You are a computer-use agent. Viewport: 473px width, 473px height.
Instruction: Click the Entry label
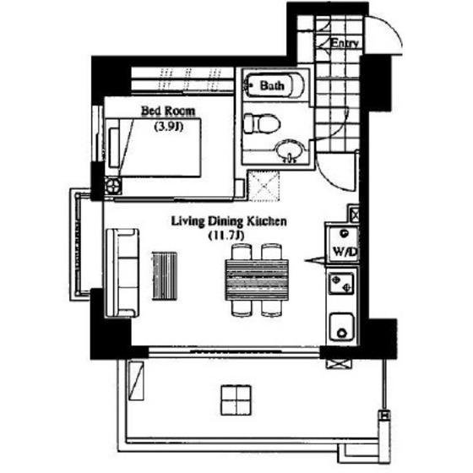[x=345, y=43]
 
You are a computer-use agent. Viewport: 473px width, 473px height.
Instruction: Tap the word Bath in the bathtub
[x=272, y=85]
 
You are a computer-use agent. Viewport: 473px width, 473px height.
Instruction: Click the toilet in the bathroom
[x=262, y=123]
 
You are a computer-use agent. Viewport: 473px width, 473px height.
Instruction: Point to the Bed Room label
[x=168, y=111]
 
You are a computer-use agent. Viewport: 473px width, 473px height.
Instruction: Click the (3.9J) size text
[x=169, y=127]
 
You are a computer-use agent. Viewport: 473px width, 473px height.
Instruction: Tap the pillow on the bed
[x=114, y=148]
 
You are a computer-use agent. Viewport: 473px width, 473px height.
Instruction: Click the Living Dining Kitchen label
[x=229, y=221]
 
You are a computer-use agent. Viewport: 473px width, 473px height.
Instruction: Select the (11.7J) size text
[x=226, y=236]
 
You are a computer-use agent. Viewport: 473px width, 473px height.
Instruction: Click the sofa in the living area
[x=122, y=273]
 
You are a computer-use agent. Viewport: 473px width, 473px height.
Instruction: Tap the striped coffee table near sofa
[x=165, y=275]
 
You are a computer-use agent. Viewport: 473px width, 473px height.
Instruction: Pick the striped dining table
[x=257, y=280]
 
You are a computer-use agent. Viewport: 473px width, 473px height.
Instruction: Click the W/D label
[x=345, y=252]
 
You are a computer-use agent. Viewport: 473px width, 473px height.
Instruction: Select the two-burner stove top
[x=341, y=283]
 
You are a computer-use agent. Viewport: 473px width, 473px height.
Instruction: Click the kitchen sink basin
[x=342, y=327]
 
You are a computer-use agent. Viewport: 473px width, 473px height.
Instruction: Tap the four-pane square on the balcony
[x=236, y=400]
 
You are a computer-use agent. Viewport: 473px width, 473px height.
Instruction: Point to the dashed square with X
[x=264, y=186]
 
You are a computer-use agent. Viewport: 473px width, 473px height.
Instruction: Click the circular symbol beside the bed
[x=113, y=186]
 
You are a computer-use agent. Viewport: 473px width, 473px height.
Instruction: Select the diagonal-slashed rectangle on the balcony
[x=136, y=381]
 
